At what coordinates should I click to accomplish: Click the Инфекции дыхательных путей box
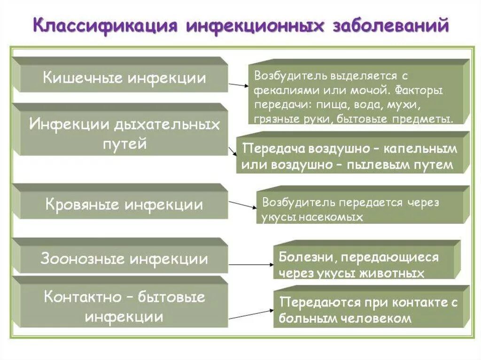(124, 133)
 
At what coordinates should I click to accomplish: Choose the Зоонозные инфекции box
(124, 259)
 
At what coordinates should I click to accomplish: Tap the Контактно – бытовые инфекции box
(124, 306)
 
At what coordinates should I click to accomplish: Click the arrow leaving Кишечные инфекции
(238, 85)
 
